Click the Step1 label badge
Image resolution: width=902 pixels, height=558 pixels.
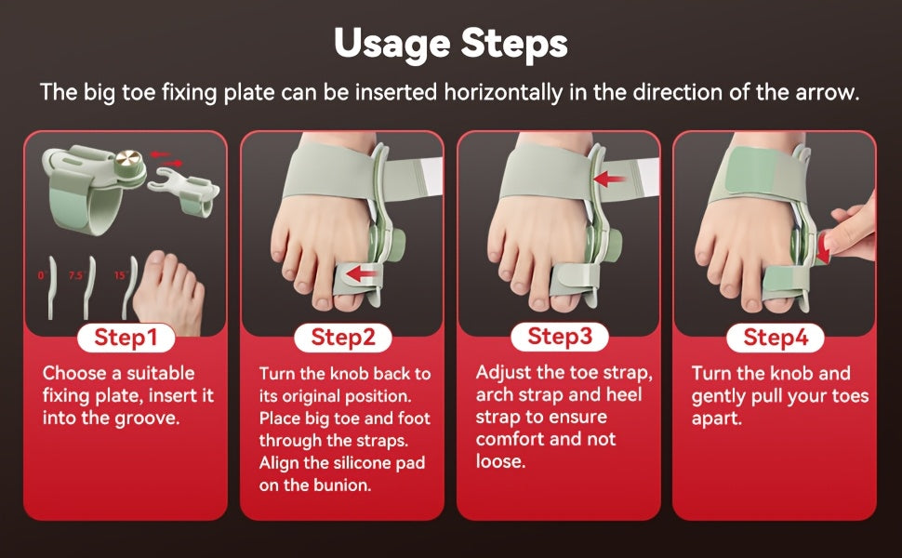pos(126,337)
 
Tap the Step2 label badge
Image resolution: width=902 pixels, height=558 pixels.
pos(343,337)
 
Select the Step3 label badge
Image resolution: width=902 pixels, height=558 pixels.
pos(560,337)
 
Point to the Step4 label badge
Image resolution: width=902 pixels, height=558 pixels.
pos(776,337)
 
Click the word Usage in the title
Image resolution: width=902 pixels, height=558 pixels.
pos(391,44)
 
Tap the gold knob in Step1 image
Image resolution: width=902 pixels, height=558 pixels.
pos(128,159)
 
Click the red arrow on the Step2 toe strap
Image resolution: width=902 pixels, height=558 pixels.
pos(361,273)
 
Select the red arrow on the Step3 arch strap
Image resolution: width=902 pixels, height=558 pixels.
pos(609,179)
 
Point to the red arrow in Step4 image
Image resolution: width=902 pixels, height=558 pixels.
pos(824,251)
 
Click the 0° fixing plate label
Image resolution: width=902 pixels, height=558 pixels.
pos(42,275)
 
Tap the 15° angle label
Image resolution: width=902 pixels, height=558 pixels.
pos(120,275)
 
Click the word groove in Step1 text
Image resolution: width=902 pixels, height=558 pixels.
pos(147,418)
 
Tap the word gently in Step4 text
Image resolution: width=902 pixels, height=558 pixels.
pos(719,397)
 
